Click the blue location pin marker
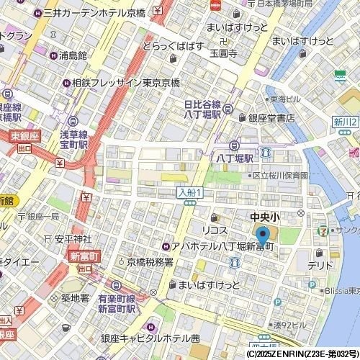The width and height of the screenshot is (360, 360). coord(262,235)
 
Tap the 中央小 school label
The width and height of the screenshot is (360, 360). coord(264,215)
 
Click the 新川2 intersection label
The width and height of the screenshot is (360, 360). coord(346,123)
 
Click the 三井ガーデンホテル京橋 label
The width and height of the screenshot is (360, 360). coord(102,13)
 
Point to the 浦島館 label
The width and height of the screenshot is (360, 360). coord(73,55)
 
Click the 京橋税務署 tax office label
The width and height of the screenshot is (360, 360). coord(150,263)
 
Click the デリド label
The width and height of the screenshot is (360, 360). coord(320,265)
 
